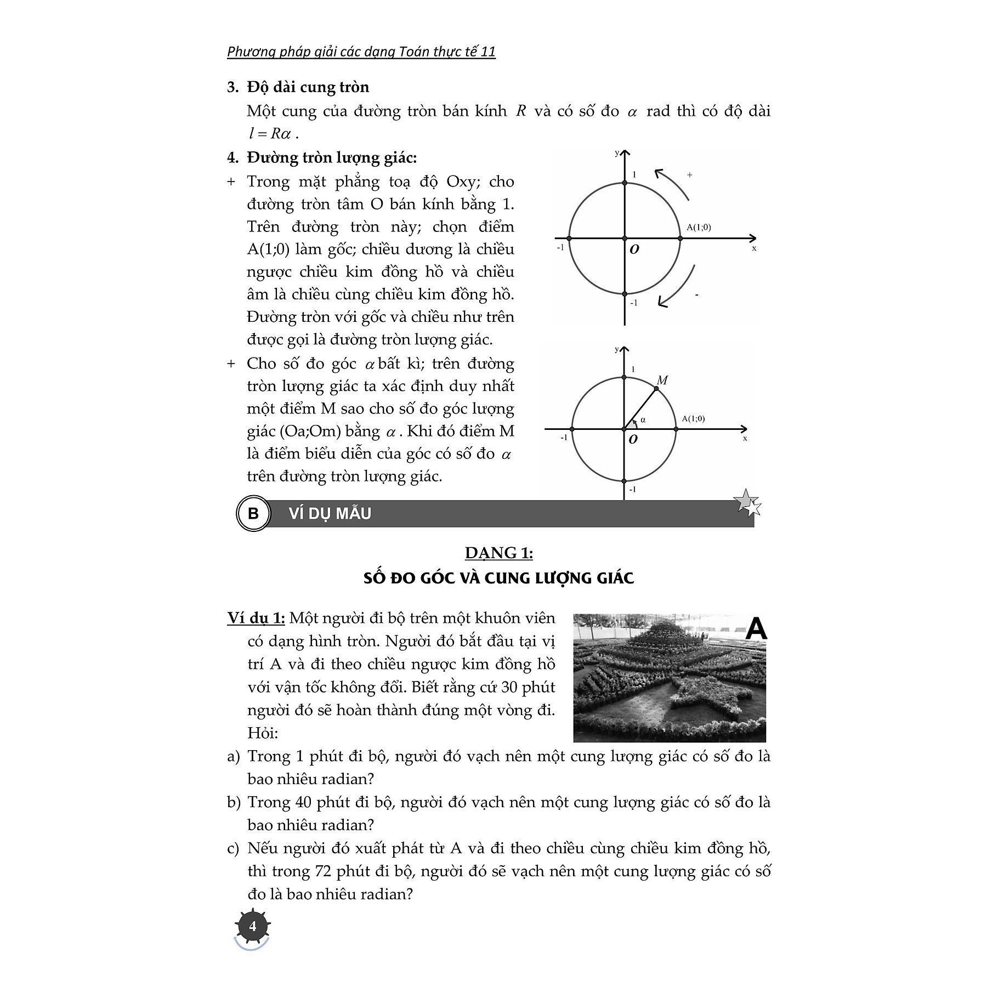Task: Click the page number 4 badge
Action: (252, 926)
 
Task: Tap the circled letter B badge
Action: (253, 514)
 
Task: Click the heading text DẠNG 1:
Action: (498, 553)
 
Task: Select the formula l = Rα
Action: (272, 134)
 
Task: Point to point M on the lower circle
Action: (656, 388)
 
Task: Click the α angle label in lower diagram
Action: (643, 419)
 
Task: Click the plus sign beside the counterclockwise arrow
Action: (689, 175)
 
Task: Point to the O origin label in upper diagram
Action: (634, 249)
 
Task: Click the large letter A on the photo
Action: (756, 628)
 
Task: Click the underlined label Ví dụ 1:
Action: (256, 619)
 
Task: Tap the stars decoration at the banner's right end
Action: (747, 503)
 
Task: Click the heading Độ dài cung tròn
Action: (308, 87)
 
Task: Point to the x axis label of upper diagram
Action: (754, 248)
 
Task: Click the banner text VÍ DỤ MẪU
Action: (330, 514)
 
